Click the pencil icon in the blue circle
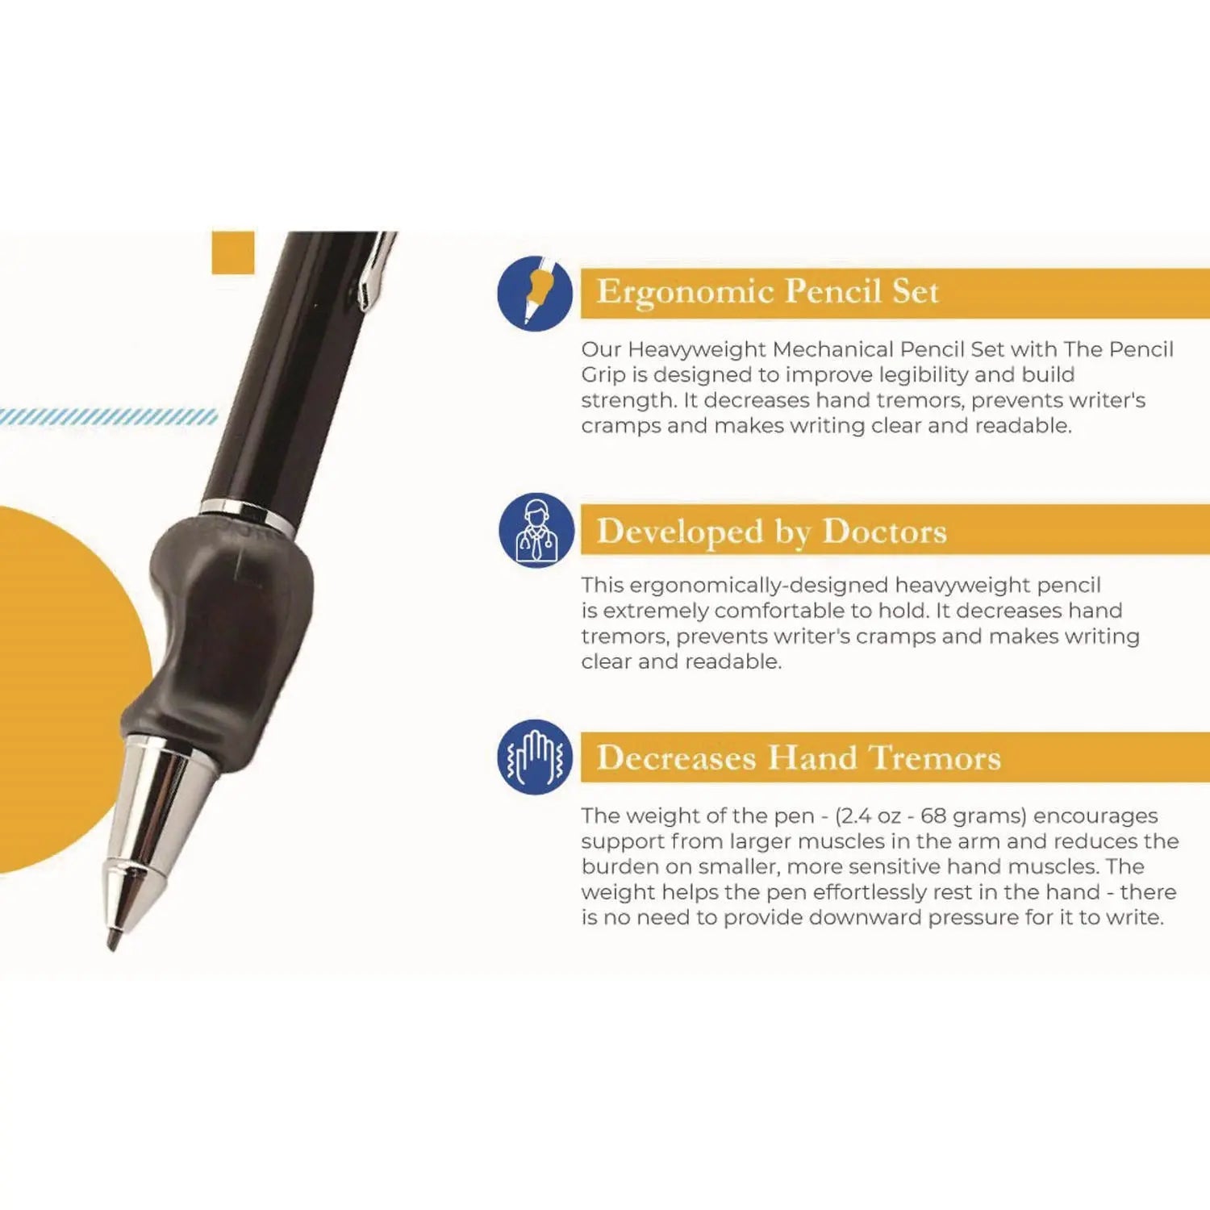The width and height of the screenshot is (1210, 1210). (x=535, y=293)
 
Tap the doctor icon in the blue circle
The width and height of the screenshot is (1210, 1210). (x=536, y=530)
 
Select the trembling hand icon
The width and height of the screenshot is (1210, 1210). (x=534, y=757)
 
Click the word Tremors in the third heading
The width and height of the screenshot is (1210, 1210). (x=935, y=758)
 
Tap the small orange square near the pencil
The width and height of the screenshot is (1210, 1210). (x=233, y=252)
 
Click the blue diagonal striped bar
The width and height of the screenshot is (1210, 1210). (x=109, y=416)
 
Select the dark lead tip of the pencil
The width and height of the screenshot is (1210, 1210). (x=114, y=938)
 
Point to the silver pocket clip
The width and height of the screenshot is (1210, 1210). (x=376, y=270)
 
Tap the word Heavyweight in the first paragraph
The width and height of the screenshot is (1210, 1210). (x=697, y=349)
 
